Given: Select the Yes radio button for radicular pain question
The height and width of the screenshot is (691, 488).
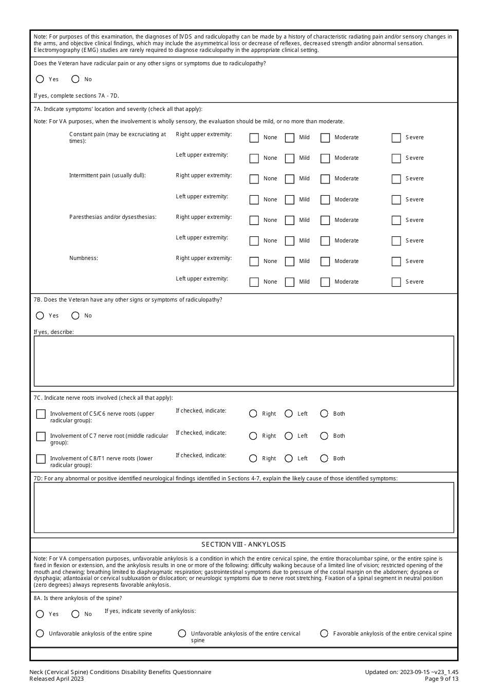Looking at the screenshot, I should pyautogui.click(x=40, y=79).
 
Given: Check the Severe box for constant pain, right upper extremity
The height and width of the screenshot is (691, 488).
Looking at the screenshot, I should pyautogui.click(x=396, y=138).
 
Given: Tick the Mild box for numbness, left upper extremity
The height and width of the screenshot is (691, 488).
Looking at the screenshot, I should pyautogui.click(x=290, y=282).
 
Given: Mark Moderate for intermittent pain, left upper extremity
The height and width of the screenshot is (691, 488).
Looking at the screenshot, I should pyautogui.click(x=325, y=199).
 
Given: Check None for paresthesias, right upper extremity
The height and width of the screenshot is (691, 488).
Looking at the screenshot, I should pyautogui.click(x=254, y=220).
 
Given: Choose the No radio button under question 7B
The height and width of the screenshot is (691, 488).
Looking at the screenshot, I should pyautogui.click(x=76, y=315).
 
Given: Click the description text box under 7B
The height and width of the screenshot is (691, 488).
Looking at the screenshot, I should pyautogui.click(x=243, y=361).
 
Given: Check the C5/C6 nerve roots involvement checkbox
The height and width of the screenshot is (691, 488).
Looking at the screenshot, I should pyautogui.click(x=41, y=414).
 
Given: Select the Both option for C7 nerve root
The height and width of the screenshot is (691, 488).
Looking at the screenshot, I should pyautogui.click(x=324, y=436).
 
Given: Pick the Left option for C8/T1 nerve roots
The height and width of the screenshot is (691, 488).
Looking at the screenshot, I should pyautogui.click(x=289, y=458).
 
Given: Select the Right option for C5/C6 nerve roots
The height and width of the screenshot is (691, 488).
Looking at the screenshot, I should pyautogui.click(x=253, y=414).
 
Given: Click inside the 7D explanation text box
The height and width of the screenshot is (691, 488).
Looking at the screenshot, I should pyautogui.click(x=243, y=507).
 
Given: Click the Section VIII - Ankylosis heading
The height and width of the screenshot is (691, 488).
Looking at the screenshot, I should pyautogui.click(x=243, y=544).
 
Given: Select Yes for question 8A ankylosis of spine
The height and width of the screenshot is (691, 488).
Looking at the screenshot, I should pyautogui.click(x=40, y=614).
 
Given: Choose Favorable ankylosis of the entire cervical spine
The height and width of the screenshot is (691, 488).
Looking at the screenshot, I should pyautogui.click(x=324, y=633).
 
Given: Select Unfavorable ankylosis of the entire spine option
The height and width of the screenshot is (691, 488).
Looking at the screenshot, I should pyautogui.click(x=40, y=633).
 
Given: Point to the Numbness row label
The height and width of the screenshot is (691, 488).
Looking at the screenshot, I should pyautogui.click(x=84, y=258).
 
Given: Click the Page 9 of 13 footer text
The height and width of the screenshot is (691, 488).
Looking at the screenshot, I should pyautogui.click(x=441, y=679).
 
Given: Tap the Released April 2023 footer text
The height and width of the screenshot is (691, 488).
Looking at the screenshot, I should pyautogui.click(x=57, y=679).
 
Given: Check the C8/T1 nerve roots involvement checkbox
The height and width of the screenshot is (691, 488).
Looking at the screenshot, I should pyautogui.click(x=41, y=459).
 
